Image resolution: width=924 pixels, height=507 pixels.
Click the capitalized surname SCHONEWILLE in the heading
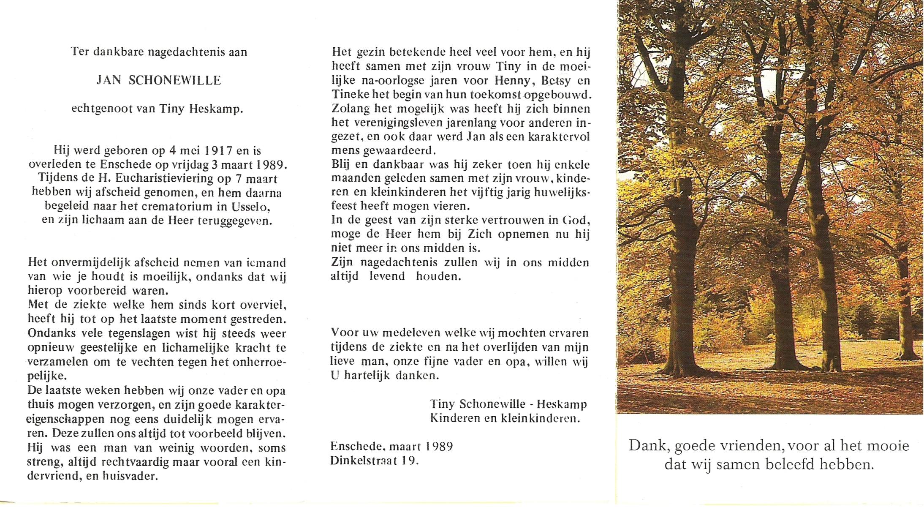pyautogui.click(x=174, y=81)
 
